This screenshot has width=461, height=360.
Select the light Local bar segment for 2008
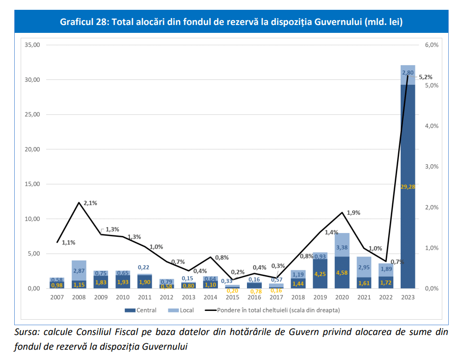pos(79,270)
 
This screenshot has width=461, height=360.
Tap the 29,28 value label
pos(408,187)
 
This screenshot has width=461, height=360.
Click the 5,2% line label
pos(426,77)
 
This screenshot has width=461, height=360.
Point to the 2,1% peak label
pos(90,203)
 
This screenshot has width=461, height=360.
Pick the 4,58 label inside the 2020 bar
pos(342,273)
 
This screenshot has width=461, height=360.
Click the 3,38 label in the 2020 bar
pos(342,248)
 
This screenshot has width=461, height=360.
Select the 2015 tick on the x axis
pos(232,298)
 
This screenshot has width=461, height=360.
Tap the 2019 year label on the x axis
pos(320,298)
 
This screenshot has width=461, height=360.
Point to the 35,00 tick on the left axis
pos(32,45)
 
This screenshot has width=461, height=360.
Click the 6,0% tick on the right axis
pos(431,45)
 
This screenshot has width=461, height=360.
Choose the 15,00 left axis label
pos(32,184)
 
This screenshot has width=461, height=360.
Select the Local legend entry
pos(182,310)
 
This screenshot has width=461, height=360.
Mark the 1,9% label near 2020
pos(353,213)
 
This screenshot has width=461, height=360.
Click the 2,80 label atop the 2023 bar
pos(408,73)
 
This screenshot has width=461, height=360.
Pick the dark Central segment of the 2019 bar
pos(320,275)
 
